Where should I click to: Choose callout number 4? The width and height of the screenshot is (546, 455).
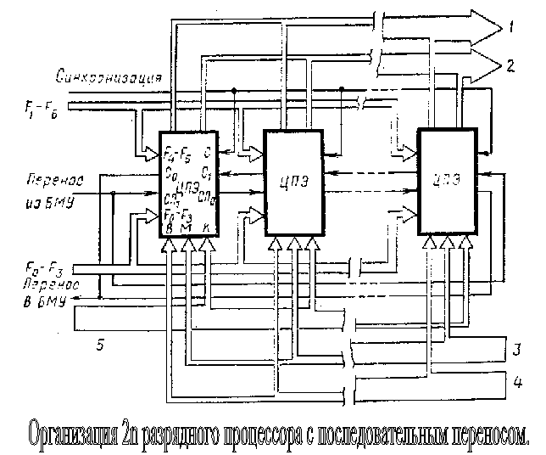[514, 381]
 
